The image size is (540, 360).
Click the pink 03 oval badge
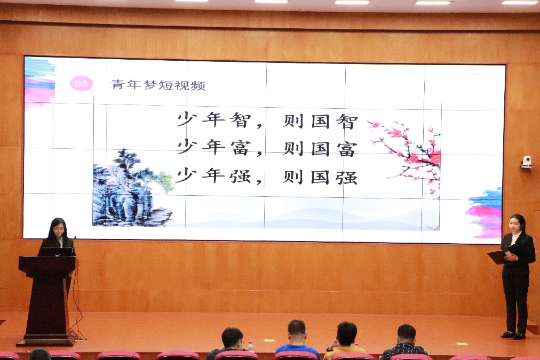tap(81, 84)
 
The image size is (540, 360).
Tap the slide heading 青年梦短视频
tap(158, 85)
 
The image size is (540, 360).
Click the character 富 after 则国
tap(347, 149)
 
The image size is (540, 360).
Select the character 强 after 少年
tap(240, 176)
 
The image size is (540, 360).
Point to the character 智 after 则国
tap(347, 122)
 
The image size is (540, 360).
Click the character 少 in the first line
tap(187, 119)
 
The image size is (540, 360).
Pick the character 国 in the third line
tap(320, 177)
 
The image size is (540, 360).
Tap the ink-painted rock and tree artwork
tap(132, 188)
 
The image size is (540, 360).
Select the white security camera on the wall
tap(526, 162)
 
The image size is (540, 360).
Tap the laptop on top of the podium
tap(57, 252)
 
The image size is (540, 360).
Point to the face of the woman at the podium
tap(59, 229)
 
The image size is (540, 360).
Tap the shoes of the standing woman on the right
tap(513, 335)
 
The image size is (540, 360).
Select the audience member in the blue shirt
tap(297, 340)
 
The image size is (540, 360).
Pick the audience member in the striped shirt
tap(406, 342)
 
